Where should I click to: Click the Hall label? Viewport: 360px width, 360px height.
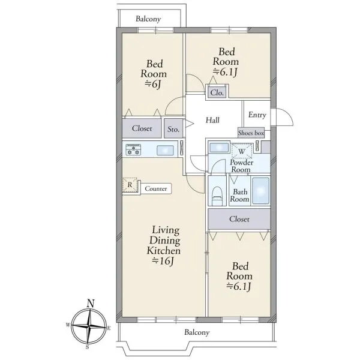(x=212, y=120)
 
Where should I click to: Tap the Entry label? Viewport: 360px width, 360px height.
(x=257, y=115)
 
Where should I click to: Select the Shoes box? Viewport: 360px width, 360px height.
(x=251, y=133)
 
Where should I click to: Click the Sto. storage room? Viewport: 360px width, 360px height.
(x=173, y=128)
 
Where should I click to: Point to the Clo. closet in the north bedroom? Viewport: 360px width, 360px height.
(x=217, y=92)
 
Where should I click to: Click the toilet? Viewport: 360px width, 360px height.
(x=217, y=196)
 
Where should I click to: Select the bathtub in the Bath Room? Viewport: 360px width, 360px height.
(x=260, y=191)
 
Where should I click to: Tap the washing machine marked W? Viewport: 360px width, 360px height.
(x=242, y=151)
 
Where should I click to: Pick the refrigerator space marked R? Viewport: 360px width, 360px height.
(x=130, y=185)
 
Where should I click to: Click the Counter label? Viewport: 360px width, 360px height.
(x=155, y=189)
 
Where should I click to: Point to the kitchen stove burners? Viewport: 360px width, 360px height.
(x=133, y=149)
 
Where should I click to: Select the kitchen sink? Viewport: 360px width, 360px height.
(x=165, y=151)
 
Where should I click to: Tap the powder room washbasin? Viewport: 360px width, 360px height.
(x=219, y=148)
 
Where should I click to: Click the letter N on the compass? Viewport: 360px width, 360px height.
(x=91, y=304)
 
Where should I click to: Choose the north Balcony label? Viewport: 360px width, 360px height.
(x=148, y=19)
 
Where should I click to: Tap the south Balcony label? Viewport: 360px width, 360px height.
(x=197, y=332)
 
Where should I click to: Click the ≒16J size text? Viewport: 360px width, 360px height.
(x=163, y=261)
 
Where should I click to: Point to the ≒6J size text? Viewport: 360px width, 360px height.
(x=152, y=84)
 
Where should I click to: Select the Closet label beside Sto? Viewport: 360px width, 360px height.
(x=142, y=128)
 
